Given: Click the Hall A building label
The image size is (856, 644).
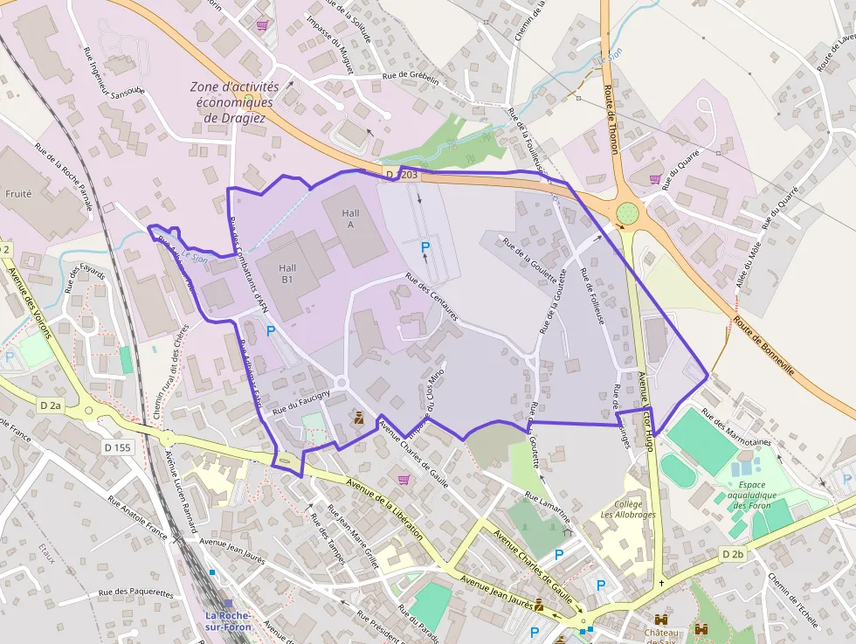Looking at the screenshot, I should click(350, 218).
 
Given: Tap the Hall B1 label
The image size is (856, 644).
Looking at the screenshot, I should click(287, 274).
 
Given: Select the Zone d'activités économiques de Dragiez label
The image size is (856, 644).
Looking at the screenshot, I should click(234, 101).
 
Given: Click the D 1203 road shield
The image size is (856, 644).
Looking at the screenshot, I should click(402, 176).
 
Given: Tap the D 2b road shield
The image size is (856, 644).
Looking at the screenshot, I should click(733, 554).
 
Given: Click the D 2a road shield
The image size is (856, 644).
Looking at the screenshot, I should click(52, 405).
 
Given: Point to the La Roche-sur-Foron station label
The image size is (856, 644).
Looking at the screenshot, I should click(229, 620).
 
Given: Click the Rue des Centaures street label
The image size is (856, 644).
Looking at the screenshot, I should click(431, 297).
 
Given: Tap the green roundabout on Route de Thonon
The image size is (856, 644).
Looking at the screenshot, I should click(627, 213).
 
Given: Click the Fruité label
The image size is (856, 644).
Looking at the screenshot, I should click(18, 193).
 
